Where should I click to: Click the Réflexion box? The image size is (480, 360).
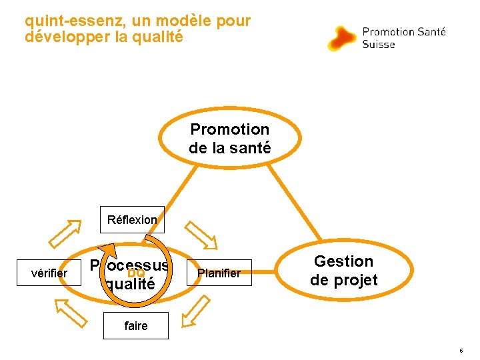tap(133, 219)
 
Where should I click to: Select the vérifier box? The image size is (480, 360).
tap(50, 273)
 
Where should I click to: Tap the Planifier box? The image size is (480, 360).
tap(219, 273)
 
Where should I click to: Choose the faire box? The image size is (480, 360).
tap(135, 326)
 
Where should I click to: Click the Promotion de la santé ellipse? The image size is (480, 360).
tap(229, 138)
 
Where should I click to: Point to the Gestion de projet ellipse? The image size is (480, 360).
tap(343, 270)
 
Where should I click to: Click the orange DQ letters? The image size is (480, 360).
tap(136, 273)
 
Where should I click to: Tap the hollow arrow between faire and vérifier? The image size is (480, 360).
tap(71, 312)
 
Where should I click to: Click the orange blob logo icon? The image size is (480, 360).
tap(342, 38)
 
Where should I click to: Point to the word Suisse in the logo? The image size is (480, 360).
tap(378, 45)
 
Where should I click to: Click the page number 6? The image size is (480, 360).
tap(461, 351)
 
